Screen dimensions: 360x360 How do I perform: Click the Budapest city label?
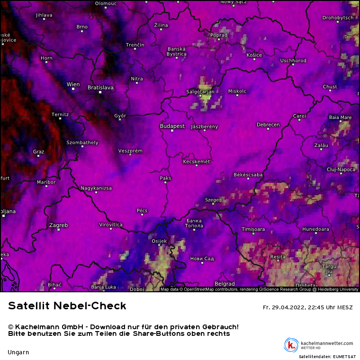[172, 126]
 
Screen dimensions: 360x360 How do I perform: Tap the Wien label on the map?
[73, 85]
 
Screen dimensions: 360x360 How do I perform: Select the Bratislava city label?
[100, 88]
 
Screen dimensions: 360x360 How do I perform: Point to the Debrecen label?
[268, 125]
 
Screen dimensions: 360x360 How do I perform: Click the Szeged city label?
[213, 200]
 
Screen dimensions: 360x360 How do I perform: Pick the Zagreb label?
[58, 225]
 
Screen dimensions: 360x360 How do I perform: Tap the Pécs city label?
[142, 210]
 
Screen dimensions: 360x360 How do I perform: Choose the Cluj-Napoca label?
[341, 169]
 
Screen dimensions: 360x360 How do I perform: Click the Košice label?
[254, 55]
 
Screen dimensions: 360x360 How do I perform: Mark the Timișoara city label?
[253, 229]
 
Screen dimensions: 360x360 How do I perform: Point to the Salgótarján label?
[200, 91]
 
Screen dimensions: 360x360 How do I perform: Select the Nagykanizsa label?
[96, 188]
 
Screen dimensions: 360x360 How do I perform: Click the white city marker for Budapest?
[172, 131]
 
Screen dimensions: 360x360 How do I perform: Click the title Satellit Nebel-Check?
[67, 306]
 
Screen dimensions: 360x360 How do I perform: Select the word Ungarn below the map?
[18, 352]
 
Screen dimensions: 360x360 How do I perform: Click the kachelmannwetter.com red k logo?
[291, 345]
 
